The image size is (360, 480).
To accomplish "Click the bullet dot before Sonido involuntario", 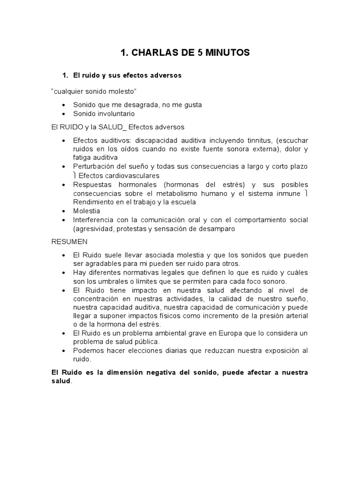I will pyautogui.click(x=64, y=114).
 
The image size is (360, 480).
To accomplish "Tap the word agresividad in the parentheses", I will pyautogui.click(x=93, y=229).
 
